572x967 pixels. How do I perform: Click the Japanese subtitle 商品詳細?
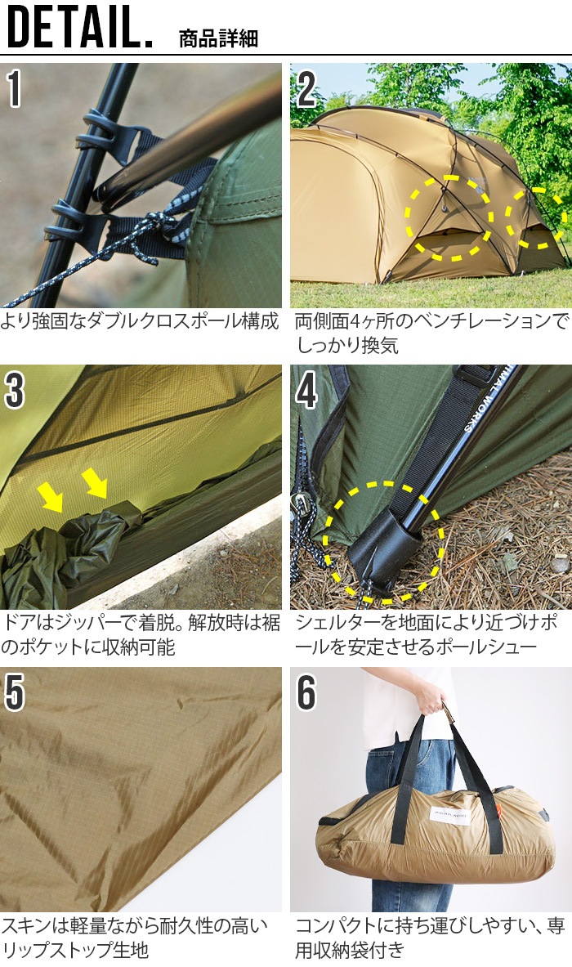coord(218,38)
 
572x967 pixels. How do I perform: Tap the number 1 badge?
coord(15,89)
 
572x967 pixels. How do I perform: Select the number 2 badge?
coord(306,89)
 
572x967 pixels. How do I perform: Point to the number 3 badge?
coord(15,391)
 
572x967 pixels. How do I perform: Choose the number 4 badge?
coord(306,391)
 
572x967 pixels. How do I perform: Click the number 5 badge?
coord(15,692)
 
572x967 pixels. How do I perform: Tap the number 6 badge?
coord(306,692)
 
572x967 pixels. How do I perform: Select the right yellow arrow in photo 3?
coord(95,483)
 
